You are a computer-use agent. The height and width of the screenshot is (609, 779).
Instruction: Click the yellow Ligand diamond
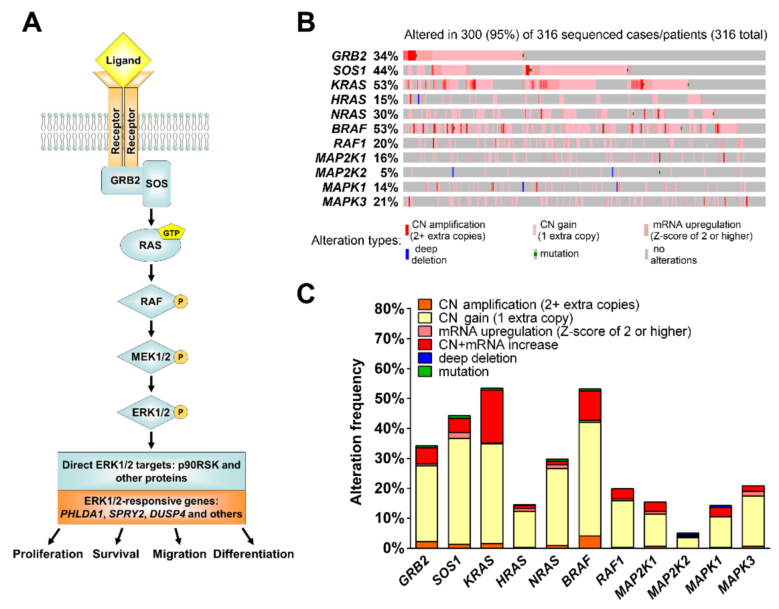point(123,60)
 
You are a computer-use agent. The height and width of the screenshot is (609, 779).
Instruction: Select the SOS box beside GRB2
point(157,184)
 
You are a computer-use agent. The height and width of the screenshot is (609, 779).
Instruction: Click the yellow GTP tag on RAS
point(171,233)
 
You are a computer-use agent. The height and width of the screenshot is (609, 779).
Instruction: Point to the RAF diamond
point(151,302)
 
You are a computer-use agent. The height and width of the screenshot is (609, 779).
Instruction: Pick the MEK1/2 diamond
point(151,357)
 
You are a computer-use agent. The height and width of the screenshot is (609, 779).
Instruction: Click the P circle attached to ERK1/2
point(181,412)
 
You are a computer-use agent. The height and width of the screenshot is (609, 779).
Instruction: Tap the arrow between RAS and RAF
point(151,273)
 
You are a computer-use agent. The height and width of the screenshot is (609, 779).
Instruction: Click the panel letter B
point(306,22)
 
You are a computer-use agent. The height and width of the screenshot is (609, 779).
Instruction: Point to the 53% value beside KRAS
point(386,85)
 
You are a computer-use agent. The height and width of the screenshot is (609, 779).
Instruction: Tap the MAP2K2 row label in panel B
point(341,173)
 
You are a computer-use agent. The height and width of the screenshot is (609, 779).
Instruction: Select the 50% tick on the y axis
point(389,398)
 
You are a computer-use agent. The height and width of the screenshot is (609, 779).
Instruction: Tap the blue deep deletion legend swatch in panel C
point(425,358)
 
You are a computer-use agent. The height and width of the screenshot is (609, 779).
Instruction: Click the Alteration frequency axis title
point(356,432)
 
